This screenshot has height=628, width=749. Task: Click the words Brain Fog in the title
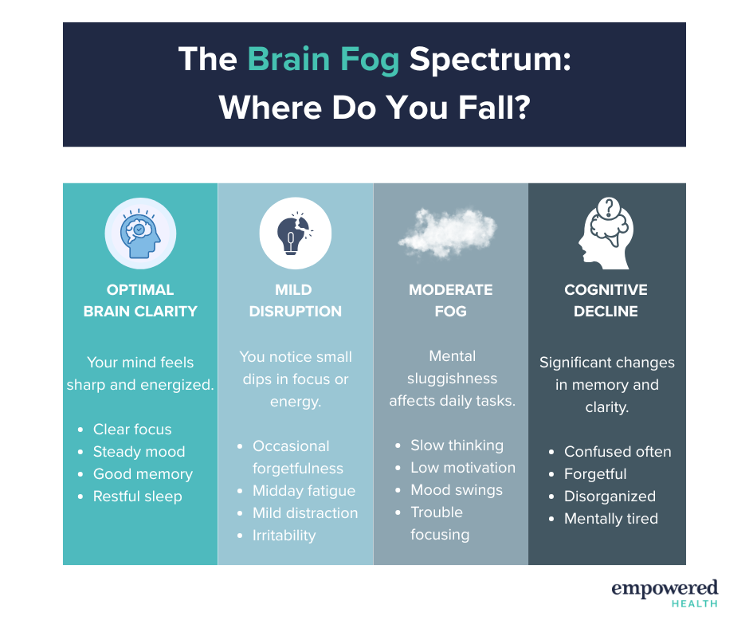pos(324,61)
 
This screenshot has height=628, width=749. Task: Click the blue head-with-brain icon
pos(140,234)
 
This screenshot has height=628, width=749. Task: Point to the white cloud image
pos(448,234)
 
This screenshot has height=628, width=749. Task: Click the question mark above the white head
pos(609,207)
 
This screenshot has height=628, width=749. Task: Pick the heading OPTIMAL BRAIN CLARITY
pos(140,300)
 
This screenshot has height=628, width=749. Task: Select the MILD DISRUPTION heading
pos(295,300)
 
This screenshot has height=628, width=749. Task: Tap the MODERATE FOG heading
pos(450,300)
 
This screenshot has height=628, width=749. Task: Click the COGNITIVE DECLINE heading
pos(606,300)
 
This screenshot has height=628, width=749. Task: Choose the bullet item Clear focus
pos(132,430)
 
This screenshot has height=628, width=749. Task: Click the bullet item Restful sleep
pos(138,497)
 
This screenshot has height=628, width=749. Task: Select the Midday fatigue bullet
pos(304,491)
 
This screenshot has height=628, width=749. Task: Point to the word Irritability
pos(284,536)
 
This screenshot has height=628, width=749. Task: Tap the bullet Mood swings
pos(457,490)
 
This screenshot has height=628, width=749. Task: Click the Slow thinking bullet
pos(457,445)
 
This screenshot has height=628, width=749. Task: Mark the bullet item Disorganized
pos(610,496)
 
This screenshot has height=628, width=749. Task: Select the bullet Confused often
pos(618,452)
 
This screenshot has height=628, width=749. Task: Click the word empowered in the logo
pos(665,588)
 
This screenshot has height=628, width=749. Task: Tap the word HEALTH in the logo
pos(695,604)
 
